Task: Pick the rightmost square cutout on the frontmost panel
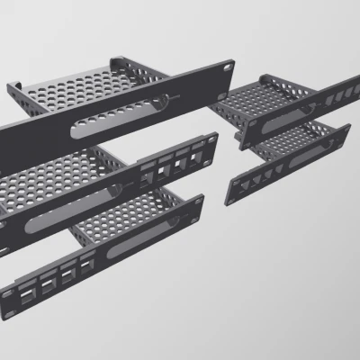(87, 267)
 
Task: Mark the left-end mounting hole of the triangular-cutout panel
(232, 192)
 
